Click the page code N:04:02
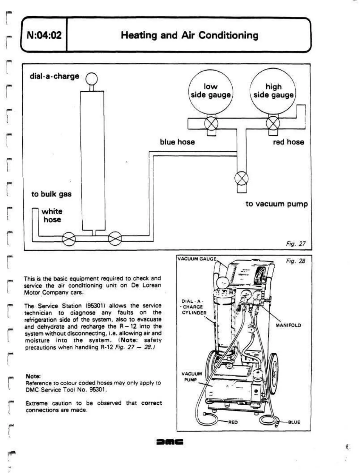(x=44, y=35)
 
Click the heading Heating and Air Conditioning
(x=189, y=35)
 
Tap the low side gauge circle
(x=211, y=91)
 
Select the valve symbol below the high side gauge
(x=273, y=123)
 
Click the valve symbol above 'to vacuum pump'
(x=241, y=178)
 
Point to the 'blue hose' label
(x=177, y=142)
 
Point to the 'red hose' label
(x=288, y=142)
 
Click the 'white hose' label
(x=52, y=215)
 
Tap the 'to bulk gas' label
(x=51, y=194)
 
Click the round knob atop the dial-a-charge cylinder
(x=92, y=79)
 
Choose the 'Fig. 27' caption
(x=296, y=244)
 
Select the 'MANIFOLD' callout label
(x=288, y=325)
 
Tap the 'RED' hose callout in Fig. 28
(x=233, y=422)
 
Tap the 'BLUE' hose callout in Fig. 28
(x=294, y=422)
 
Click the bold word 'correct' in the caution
(x=152, y=403)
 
